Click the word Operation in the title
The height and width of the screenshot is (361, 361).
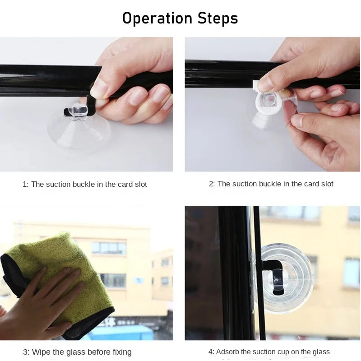[157, 19]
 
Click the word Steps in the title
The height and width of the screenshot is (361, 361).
[218, 18]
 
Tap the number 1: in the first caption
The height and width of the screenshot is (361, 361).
[26, 184]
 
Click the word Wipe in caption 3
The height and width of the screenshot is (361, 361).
[42, 352]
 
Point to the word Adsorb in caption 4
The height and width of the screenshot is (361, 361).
[227, 352]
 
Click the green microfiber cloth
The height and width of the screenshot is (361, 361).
[58, 281]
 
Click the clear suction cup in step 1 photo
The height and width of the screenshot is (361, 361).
[78, 129]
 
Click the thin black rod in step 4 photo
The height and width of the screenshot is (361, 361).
[259, 273]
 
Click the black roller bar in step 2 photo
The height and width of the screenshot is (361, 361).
[230, 74]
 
